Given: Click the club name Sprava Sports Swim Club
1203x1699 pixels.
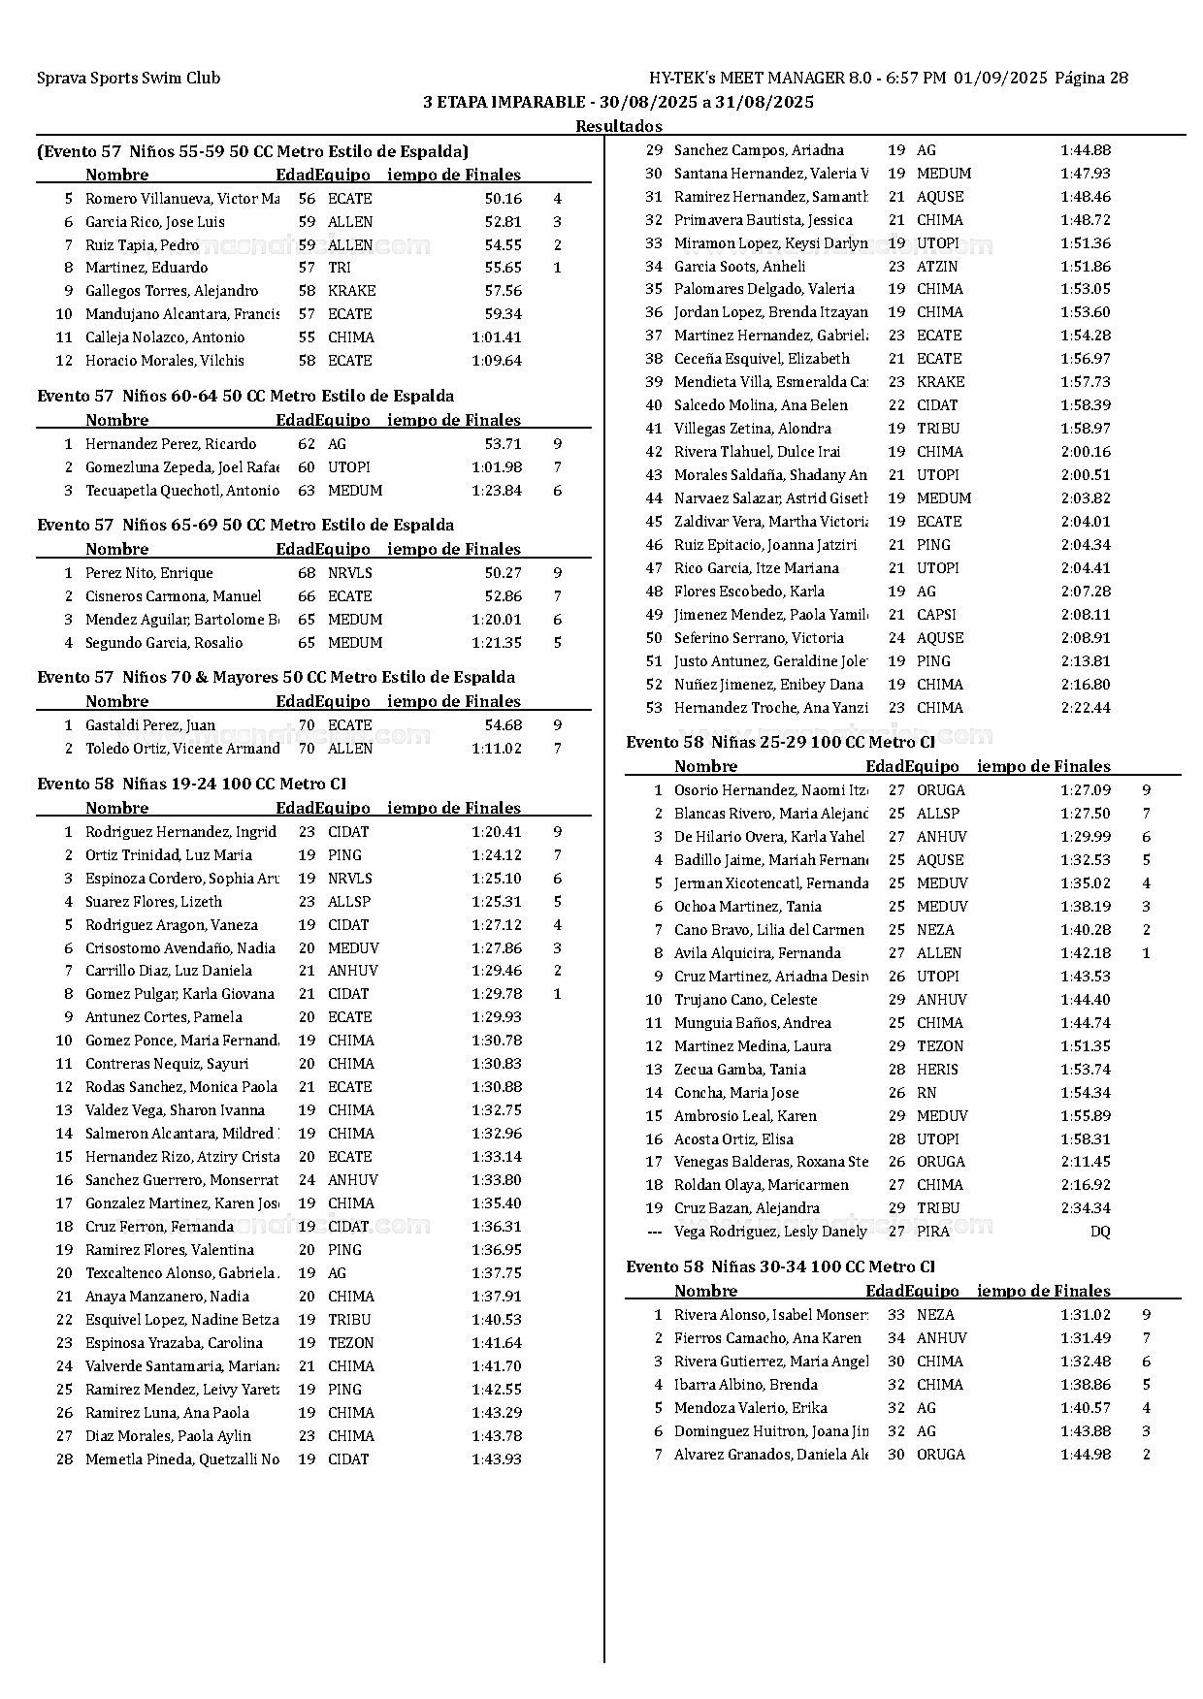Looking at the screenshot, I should pyautogui.click(x=128, y=79).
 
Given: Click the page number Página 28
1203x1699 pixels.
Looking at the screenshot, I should pyautogui.click(x=1091, y=79).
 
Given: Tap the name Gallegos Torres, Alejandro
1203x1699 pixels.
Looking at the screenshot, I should pyautogui.click(x=172, y=291).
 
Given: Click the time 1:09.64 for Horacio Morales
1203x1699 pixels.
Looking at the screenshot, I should pyautogui.click(x=497, y=361).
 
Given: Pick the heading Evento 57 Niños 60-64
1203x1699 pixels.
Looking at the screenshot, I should pyautogui.click(x=245, y=396).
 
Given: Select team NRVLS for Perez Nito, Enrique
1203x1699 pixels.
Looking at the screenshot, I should pyautogui.click(x=349, y=573).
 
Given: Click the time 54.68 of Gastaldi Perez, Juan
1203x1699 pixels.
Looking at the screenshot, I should pyautogui.click(x=504, y=725).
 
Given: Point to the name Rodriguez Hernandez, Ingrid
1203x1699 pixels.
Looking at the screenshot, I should pyautogui.click(x=180, y=832).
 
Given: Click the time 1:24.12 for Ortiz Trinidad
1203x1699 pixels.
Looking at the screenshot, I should pyautogui.click(x=497, y=855).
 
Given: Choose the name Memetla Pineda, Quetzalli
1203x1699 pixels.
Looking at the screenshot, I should pyautogui.click(x=181, y=1459).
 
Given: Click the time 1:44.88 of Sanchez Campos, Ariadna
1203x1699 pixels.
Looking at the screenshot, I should pyautogui.click(x=1086, y=150).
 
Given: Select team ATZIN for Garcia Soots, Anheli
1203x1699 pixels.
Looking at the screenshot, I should pyautogui.click(x=937, y=267).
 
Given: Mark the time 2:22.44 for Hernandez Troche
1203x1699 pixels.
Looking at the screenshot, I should pyautogui.click(x=1086, y=708).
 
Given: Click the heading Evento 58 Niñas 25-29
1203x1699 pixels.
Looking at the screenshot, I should pyautogui.click(x=780, y=743).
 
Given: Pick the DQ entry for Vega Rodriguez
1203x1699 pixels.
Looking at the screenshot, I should pyautogui.click(x=1100, y=1232).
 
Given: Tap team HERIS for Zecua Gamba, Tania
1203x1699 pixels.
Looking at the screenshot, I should pyautogui.click(x=937, y=1070).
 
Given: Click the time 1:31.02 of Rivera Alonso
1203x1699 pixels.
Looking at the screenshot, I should pyautogui.click(x=1086, y=1315).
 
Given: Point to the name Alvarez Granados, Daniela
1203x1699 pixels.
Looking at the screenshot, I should pyautogui.click(x=770, y=1455).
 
